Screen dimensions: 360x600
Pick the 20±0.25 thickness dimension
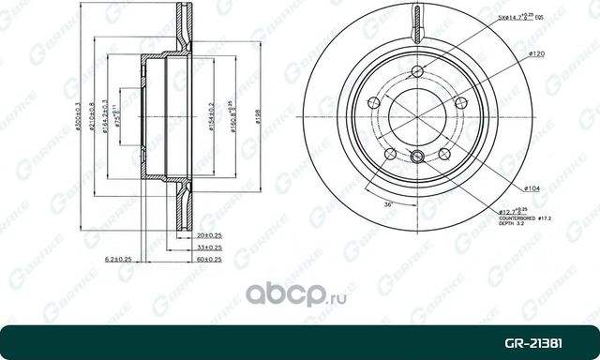click(208, 236)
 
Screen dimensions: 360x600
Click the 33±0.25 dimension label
click(208, 247)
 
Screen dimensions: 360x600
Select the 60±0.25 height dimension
click(208, 259)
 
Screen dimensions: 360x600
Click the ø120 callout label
click(536, 54)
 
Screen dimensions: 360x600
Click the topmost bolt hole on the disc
click(418, 78)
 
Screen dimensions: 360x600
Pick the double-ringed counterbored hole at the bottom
click(418, 157)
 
